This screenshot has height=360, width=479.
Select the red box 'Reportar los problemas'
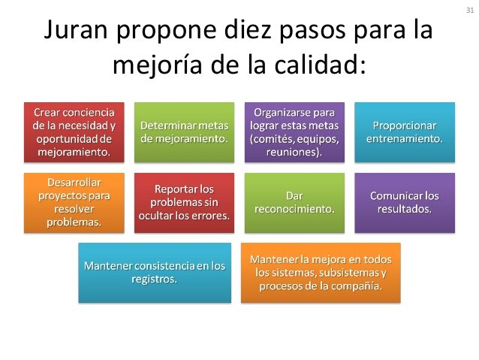coord(183,201)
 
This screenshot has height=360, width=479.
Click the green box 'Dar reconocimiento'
coord(295,201)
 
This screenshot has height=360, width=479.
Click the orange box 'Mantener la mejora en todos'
coord(321,272)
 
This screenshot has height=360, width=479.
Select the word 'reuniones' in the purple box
coord(293,153)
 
